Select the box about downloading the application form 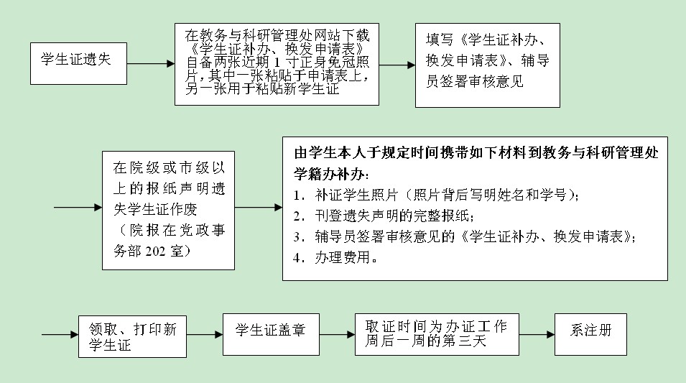click(x=277, y=63)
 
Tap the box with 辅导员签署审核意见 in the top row click(x=488, y=65)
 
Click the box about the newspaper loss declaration click(x=168, y=210)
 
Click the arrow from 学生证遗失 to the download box click(x=151, y=63)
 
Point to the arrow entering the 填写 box click(x=397, y=65)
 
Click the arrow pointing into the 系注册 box click(x=537, y=335)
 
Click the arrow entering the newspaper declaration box click(x=78, y=208)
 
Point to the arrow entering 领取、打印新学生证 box click(x=60, y=335)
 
